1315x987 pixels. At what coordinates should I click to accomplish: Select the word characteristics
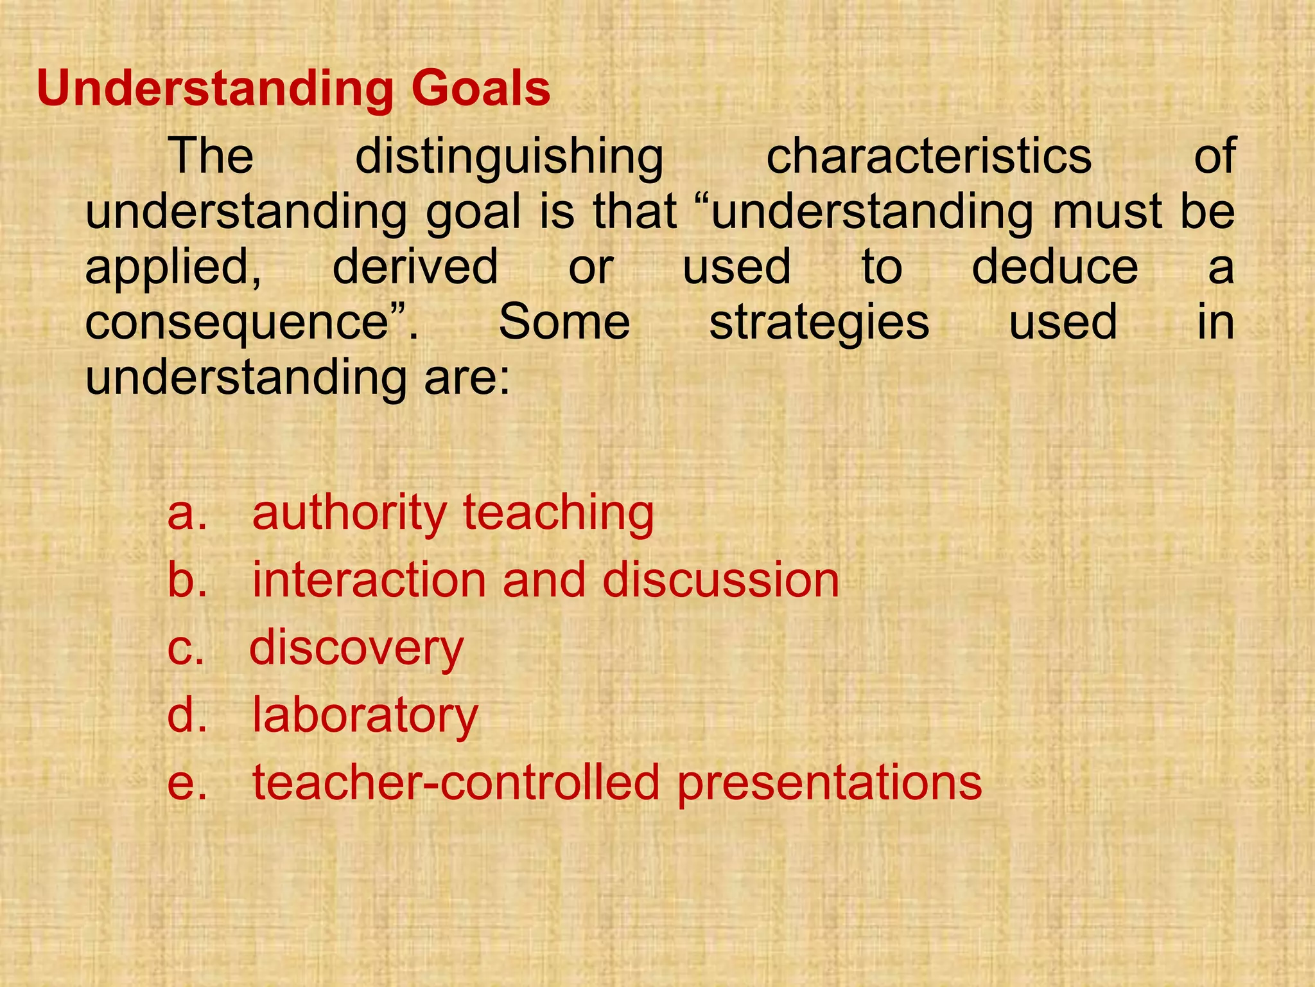point(928,156)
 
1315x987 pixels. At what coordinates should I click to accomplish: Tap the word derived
point(415,267)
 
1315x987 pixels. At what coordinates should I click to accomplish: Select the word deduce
point(1055,267)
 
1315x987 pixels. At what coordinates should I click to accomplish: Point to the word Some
point(564,322)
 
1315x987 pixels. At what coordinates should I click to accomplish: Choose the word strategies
point(819,323)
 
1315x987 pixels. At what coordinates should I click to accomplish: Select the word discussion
point(720,580)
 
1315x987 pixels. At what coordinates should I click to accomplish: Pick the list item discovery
point(356,648)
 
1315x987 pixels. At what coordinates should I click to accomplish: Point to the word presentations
point(830,783)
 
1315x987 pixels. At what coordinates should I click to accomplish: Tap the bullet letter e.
point(187,783)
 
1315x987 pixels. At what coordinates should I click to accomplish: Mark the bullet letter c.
point(186,648)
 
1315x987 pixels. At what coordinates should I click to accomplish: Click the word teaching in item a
point(558,513)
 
